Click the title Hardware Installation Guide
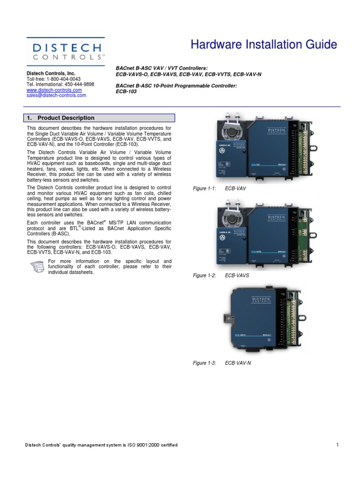[264, 45]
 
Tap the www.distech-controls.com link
[54, 90]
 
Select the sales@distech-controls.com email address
[56, 95]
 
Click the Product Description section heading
[66, 118]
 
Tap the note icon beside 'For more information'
[36, 266]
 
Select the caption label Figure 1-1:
[204, 189]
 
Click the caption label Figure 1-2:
[204, 276]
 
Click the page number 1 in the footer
[337, 445]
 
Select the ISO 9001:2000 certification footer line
[101, 445]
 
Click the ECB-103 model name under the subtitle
[126, 92]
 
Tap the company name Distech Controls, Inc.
[51, 73]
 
